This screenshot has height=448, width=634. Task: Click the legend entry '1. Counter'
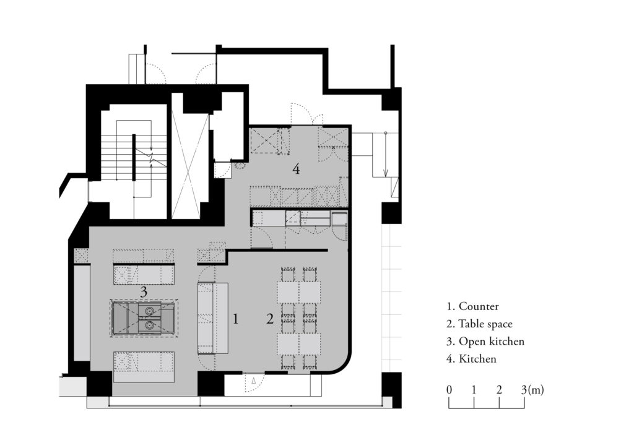(472, 306)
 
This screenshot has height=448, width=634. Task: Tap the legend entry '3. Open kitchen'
(485, 341)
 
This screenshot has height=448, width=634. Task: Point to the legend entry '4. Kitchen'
(471, 358)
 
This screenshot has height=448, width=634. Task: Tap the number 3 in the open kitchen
(143, 291)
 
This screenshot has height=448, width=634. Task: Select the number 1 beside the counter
(236, 319)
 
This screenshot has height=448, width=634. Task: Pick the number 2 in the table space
(270, 319)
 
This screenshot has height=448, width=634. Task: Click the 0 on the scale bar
(448, 390)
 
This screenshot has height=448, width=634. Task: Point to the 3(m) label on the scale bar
(531, 390)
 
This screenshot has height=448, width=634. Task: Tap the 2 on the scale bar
(499, 390)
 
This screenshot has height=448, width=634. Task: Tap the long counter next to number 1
(213, 318)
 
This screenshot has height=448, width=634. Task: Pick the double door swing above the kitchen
(306, 114)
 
